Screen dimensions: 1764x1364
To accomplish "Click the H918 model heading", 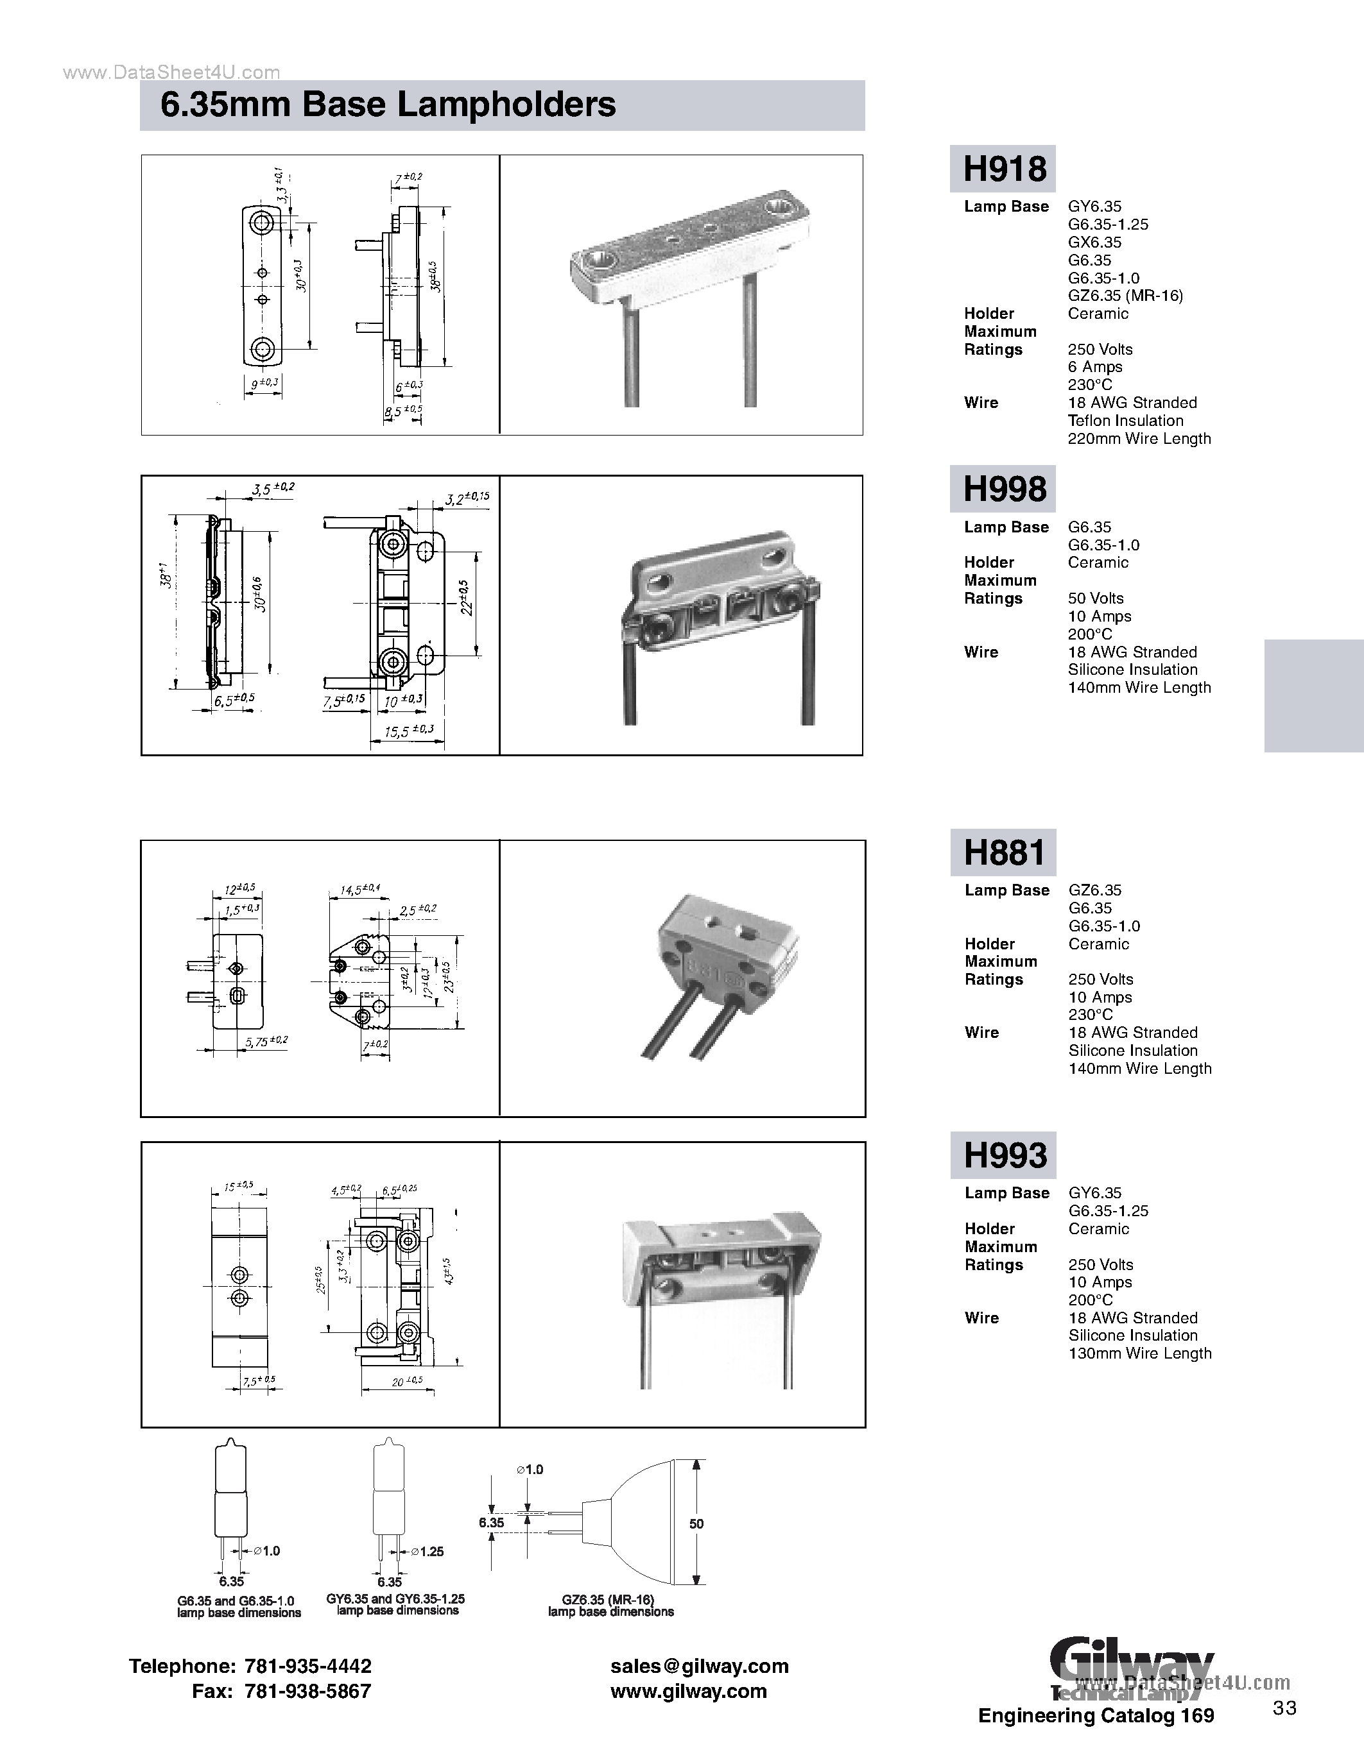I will click(x=1004, y=168).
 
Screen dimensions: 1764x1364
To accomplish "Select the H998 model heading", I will click(x=1004, y=489).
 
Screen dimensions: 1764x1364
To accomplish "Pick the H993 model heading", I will click(x=1005, y=1155).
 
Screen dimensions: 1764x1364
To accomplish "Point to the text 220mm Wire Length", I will click(x=1139, y=439).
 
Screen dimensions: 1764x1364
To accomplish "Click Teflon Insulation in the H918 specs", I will click(x=1125, y=421).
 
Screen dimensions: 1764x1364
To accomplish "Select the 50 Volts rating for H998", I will click(x=1095, y=598).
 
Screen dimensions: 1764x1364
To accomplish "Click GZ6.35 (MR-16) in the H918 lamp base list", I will click(x=1125, y=296).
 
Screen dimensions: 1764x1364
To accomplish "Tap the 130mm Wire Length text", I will click(x=1139, y=1353).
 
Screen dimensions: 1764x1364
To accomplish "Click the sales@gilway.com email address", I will click(x=699, y=1666).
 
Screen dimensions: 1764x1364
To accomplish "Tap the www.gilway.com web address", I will click(x=687, y=1692).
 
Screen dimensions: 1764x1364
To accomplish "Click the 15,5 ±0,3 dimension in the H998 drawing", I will click(x=409, y=731).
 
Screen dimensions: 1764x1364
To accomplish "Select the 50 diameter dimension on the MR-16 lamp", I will click(x=696, y=1523).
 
